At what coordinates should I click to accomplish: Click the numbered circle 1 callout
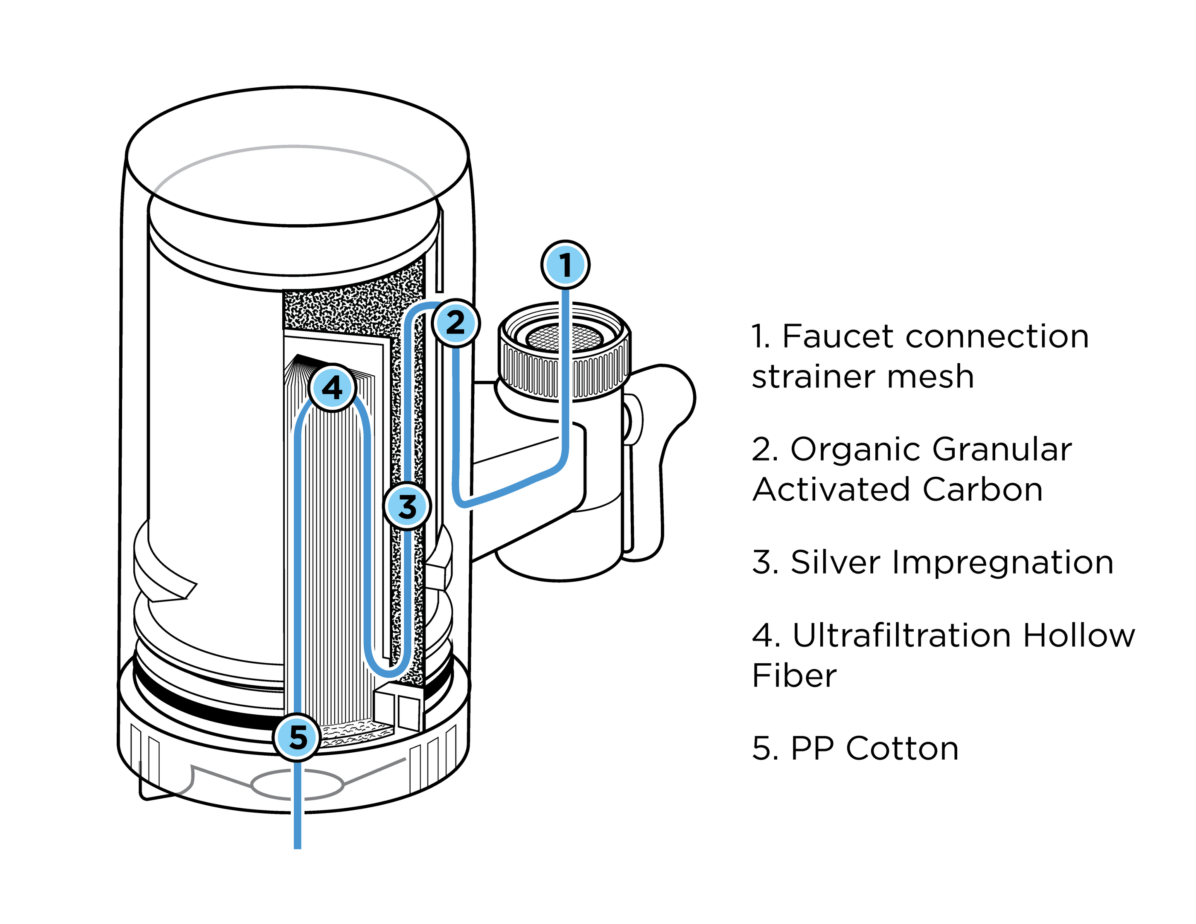coord(566,264)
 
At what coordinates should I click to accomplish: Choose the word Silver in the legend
coord(835,562)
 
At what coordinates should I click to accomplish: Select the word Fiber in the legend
coord(794,675)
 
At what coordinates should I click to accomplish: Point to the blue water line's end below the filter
coord(298,846)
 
